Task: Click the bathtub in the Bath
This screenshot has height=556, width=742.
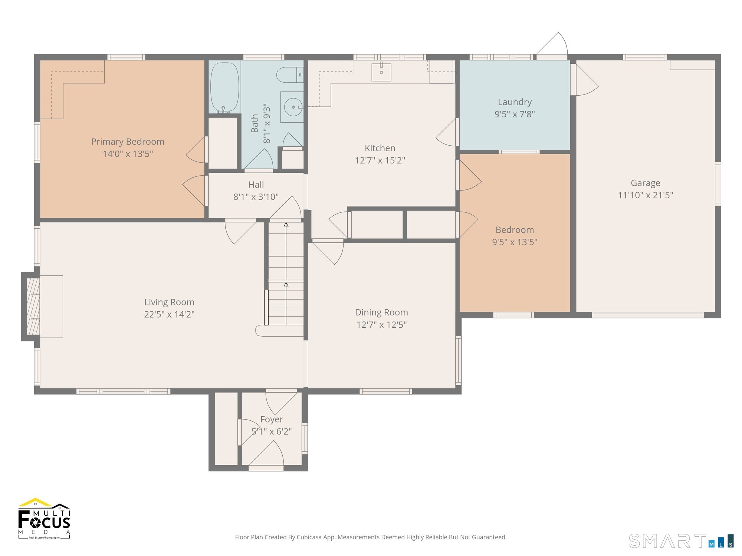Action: (x=225, y=87)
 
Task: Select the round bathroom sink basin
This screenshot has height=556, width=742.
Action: (x=293, y=107)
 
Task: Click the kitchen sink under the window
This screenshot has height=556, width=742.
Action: (x=381, y=72)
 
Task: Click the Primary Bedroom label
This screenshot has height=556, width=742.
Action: (x=128, y=142)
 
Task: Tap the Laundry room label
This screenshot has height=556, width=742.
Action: (x=515, y=102)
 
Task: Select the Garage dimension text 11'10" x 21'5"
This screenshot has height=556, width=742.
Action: (x=645, y=195)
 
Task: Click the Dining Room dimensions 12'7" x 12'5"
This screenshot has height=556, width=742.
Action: (x=381, y=325)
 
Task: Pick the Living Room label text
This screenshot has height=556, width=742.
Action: (x=169, y=302)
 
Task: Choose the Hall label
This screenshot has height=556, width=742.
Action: (x=256, y=185)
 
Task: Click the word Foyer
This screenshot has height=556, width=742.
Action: (x=272, y=419)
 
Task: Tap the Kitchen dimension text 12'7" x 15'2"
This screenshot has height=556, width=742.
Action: (x=380, y=160)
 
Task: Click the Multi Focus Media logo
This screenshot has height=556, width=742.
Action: (x=44, y=518)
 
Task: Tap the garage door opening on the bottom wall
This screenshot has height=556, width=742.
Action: (x=648, y=315)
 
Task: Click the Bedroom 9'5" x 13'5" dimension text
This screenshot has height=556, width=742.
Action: (x=515, y=242)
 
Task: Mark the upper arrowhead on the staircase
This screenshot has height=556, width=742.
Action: (x=286, y=224)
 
